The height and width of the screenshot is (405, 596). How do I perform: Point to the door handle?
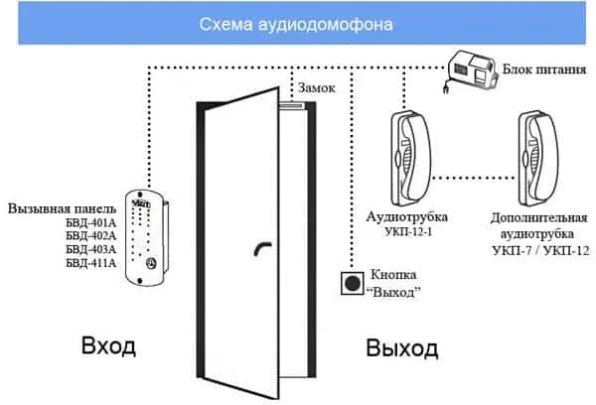pyautogui.click(x=262, y=249)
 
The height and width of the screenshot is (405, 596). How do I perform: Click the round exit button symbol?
pyautogui.click(x=351, y=282)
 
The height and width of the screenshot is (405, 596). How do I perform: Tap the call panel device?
pyautogui.click(x=147, y=237)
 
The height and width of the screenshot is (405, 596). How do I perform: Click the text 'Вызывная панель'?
pyautogui.click(x=62, y=209)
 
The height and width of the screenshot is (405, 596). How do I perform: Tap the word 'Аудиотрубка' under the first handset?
pyautogui.click(x=407, y=216)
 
